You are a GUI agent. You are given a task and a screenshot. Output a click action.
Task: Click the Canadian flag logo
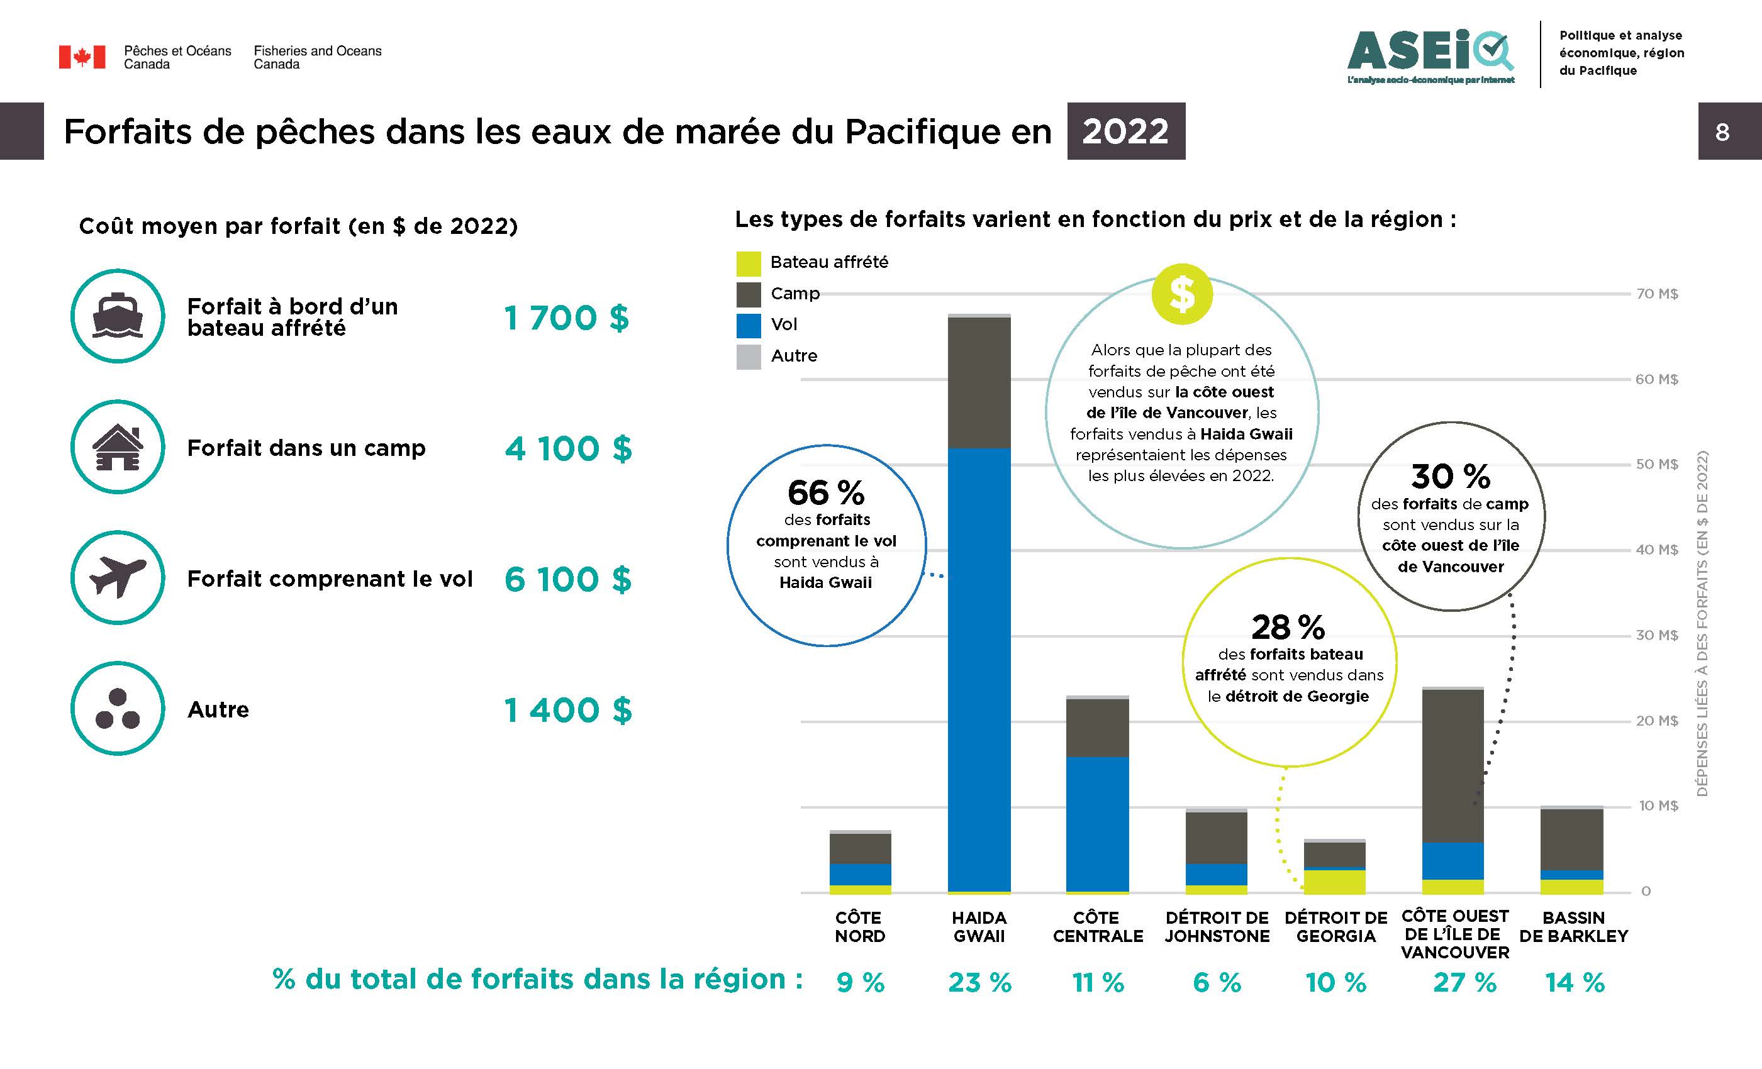[82, 57]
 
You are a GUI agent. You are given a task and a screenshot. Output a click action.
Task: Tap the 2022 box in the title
[1125, 131]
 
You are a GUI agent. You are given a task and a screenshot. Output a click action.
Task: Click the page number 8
[1722, 131]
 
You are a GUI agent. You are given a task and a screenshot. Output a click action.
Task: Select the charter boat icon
[118, 316]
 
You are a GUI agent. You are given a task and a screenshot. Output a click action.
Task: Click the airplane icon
[118, 577]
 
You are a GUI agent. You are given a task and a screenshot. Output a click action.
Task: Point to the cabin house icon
[118, 447]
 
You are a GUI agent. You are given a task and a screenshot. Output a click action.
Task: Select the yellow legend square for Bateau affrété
[748, 263]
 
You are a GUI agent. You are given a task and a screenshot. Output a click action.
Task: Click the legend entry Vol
[784, 324]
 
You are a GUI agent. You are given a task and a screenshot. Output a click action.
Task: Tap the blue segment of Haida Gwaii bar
[979, 668]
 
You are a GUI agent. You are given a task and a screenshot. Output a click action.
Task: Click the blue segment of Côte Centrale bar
[1097, 823]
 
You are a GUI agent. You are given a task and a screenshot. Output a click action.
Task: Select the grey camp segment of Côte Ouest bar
[1453, 765]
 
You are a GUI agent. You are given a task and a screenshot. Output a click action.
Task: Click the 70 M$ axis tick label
[1656, 294]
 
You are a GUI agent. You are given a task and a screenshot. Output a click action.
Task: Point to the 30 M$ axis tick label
[1656, 635]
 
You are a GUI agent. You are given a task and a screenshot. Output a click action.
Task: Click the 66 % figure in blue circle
[826, 492]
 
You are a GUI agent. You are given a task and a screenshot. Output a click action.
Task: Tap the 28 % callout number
[1288, 627]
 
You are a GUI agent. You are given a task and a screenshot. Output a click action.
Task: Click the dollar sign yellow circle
[1181, 294]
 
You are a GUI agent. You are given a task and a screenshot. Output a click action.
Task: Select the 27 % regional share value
[1464, 982]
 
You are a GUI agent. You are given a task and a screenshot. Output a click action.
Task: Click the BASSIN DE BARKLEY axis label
[1573, 927]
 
